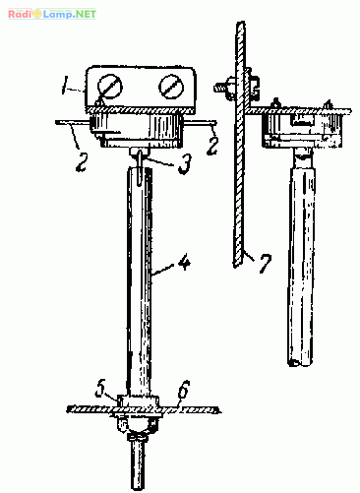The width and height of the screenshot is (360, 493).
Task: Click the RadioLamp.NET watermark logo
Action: click(x=52, y=14)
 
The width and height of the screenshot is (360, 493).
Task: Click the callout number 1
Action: click(x=66, y=85)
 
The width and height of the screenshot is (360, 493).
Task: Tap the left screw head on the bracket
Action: click(x=109, y=87)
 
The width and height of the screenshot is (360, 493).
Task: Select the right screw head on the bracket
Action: click(x=171, y=87)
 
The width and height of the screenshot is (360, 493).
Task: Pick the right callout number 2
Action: click(x=211, y=146)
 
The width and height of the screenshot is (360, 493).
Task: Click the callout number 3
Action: click(x=184, y=163)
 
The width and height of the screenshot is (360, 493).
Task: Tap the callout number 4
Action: click(x=185, y=263)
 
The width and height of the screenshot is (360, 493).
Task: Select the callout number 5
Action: click(x=100, y=389)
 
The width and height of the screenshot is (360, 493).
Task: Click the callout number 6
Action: click(x=184, y=389)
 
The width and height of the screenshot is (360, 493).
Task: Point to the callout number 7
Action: click(x=265, y=263)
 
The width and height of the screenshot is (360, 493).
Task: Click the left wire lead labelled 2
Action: click(x=73, y=123)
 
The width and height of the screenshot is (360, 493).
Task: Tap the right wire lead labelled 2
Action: click(x=200, y=123)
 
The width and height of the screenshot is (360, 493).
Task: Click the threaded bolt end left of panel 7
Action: click(x=222, y=88)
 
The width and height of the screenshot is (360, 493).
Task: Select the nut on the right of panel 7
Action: click(x=253, y=87)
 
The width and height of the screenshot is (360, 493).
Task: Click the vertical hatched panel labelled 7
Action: click(x=239, y=145)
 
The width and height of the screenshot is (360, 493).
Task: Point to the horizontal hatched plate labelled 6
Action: click(x=144, y=409)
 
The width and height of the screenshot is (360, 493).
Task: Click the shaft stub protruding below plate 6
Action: click(x=138, y=462)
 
